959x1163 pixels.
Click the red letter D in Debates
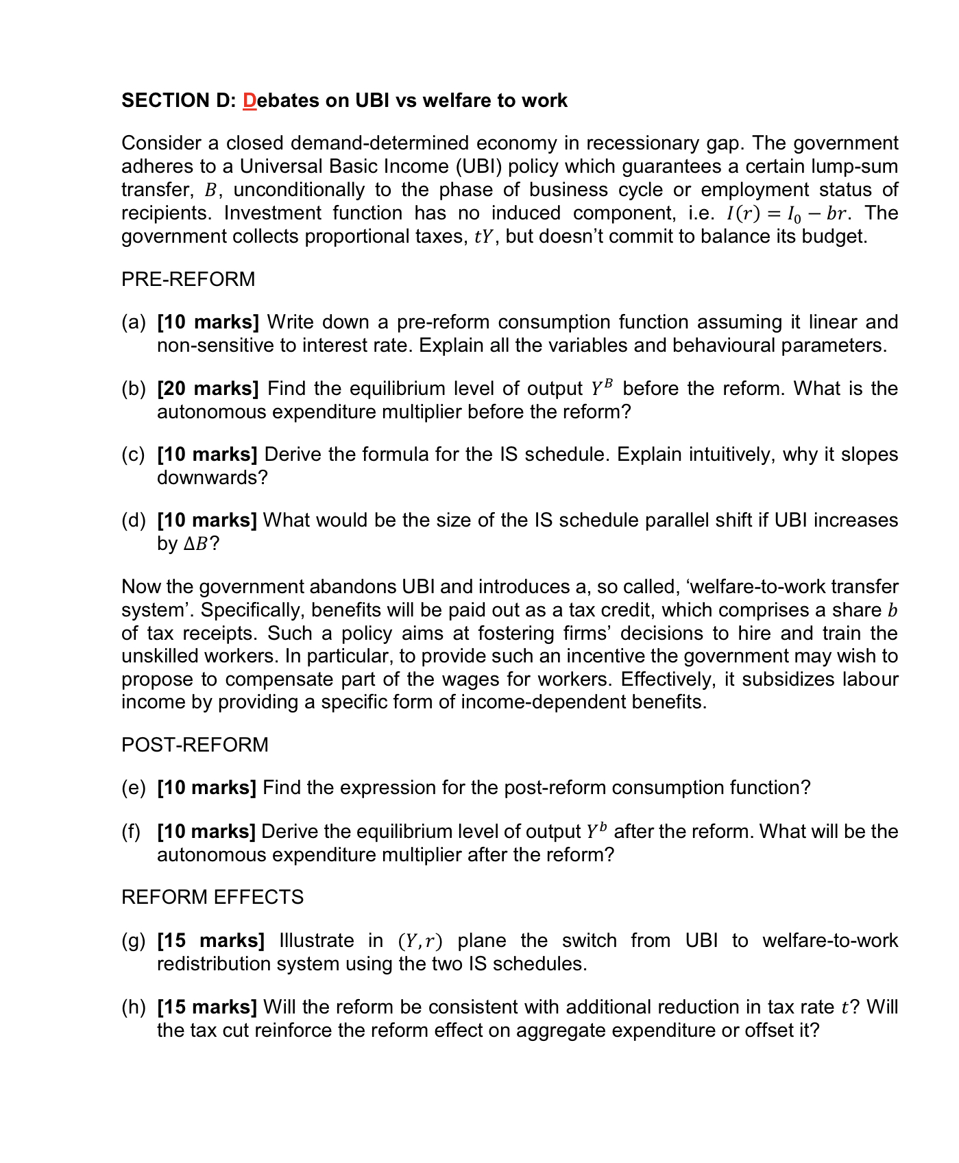[250, 101]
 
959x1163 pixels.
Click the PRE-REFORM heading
[188, 279]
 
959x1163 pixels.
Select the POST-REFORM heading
[195, 745]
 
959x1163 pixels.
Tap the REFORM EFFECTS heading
[212, 897]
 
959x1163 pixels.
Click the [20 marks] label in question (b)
[208, 389]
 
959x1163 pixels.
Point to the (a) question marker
[134, 322]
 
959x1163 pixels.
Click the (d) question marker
[134, 520]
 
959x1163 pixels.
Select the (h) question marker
[134, 1007]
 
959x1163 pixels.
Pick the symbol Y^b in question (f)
[596, 832]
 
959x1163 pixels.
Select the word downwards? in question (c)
[212, 477]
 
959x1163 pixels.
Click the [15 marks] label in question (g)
[210, 941]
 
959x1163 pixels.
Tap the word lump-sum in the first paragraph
[853, 167]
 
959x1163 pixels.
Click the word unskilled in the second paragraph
[161, 656]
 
